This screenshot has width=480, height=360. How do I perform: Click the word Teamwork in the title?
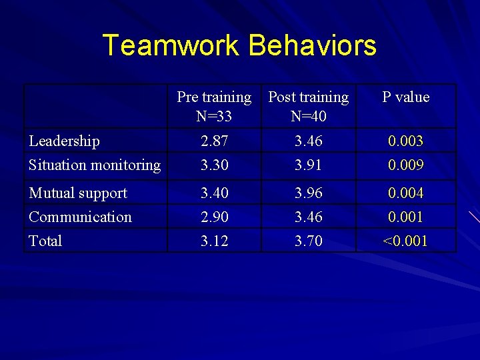click(x=172, y=45)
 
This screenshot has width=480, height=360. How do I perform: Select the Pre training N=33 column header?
click(x=214, y=107)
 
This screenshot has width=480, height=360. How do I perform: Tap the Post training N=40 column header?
click(x=309, y=107)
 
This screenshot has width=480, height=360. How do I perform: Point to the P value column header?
click(x=405, y=97)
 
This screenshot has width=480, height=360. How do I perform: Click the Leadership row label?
click(x=65, y=141)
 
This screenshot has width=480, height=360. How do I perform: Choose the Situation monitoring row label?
click(x=95, y=165)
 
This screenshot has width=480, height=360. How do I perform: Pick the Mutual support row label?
click(x=78, y=193)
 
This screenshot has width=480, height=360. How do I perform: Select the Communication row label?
click(x=80, y=217)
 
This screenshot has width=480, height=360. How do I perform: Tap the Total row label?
click(x=45, y=241)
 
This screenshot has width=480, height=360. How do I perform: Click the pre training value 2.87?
click(x=214, y=141)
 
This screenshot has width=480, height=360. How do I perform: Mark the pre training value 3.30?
click(x=214, y=165)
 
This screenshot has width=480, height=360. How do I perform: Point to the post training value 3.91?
click(x=309, y=165)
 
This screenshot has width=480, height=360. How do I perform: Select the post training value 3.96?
click(x=309, y=193)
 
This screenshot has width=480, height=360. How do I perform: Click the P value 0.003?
click(x=406, y=141)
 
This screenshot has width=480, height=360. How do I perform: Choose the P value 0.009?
click(x=406, y=165)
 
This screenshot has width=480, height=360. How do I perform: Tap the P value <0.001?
click(x=405, y=241)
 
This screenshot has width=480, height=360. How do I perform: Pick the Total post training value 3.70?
click(x=309, y=241)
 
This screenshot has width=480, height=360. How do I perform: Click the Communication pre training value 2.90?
click(x=214, y=217)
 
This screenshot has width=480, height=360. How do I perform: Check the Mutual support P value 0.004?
click(x=406, y=193)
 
